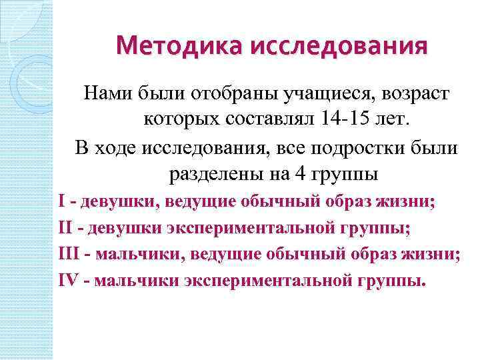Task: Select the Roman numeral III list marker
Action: (x=68, y=254)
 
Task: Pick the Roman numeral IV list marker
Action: (x=69, y=281)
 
